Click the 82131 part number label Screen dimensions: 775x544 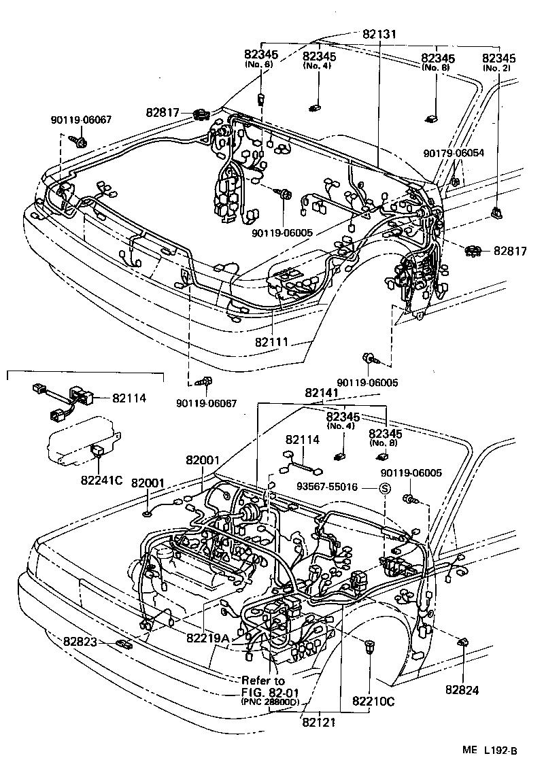[379, 34]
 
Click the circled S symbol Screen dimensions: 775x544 [384, 487]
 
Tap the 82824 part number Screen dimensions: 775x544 [462, 689]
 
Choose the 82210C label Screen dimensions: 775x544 [373, 700]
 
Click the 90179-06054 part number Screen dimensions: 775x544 [454, 153]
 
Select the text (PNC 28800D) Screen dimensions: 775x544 [270, 702]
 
